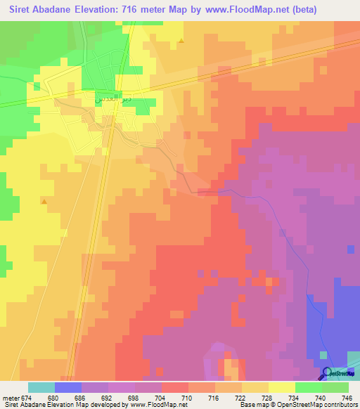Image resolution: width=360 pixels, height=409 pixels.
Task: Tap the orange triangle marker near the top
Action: pos(181,40)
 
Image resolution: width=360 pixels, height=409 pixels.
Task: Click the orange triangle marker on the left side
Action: pos(44,202)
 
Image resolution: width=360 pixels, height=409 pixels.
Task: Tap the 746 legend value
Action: pos(347,398)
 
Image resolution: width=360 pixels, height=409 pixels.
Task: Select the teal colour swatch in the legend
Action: pos(41,387)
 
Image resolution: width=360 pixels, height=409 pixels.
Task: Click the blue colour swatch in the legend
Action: pos(68,387)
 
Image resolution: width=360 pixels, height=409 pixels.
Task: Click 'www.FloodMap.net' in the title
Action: pos(230,10)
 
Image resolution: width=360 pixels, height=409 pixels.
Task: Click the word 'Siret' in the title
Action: pos(21,10)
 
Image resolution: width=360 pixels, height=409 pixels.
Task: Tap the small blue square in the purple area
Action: pos(350,248)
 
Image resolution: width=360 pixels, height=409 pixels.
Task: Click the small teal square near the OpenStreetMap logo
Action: pos(323,356)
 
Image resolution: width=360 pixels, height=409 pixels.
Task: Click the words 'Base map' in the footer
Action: pos(252,405)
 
